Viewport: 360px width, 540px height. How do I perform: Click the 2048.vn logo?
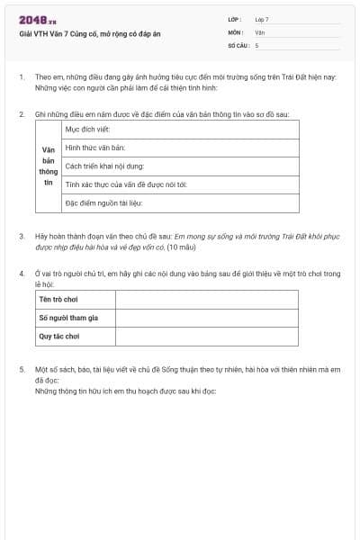pos(37,20)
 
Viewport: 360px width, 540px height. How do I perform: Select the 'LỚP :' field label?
pos(235,19)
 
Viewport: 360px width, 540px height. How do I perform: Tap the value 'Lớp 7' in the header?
pos(262,19)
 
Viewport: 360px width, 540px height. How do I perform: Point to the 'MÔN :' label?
pos(236,31)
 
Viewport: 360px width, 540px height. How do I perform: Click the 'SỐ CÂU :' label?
pos(238,44)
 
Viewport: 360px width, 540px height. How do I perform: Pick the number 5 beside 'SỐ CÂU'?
pos(256,44)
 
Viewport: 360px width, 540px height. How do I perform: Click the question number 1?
pos(22,77)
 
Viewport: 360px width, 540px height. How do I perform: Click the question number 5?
pos(22,370)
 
